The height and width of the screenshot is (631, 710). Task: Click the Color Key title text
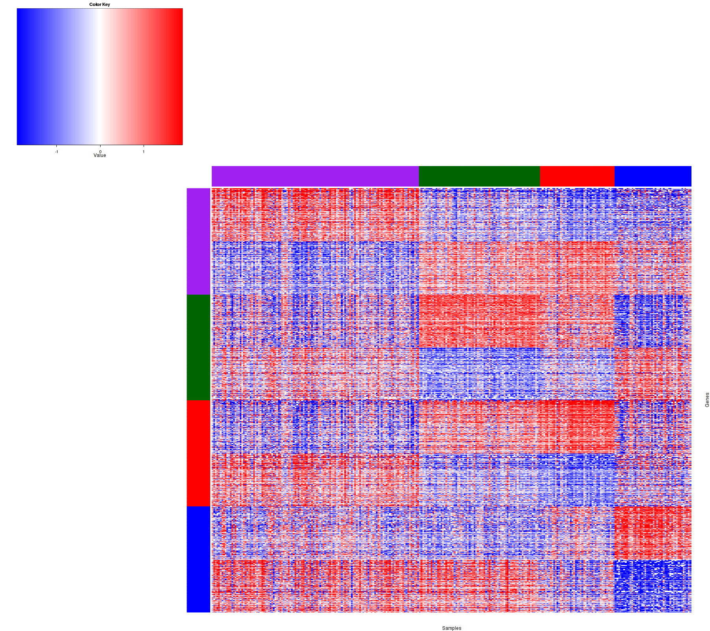coord(100,5)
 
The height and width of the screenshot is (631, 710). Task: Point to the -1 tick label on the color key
coord(56,152)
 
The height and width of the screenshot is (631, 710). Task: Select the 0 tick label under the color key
coord(100,151)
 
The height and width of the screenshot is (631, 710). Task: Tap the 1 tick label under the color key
coord(144,152)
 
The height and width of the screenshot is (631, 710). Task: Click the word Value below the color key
coord(100,156)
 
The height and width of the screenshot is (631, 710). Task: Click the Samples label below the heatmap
coord(452,628)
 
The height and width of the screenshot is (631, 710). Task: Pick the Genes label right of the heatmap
coord(707,400)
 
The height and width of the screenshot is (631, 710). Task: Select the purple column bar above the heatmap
coord(315,176)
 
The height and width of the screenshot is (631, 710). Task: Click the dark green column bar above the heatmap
coord(479,176)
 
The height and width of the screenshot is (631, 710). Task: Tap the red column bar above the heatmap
coord(577,176)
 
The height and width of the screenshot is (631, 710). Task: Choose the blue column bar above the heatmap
coord(653,176)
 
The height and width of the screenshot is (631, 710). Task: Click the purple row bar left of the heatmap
coord(198,241)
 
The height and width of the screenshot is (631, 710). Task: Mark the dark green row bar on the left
coord(198,347)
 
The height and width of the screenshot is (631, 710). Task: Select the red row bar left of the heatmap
coord(198,453)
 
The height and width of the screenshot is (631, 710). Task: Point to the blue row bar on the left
coord(198,559)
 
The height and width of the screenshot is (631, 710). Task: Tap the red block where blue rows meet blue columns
coord(653,532)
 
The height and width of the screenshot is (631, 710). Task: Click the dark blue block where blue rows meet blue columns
coord(653,586)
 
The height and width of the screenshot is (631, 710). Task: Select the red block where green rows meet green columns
coord(479,321)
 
